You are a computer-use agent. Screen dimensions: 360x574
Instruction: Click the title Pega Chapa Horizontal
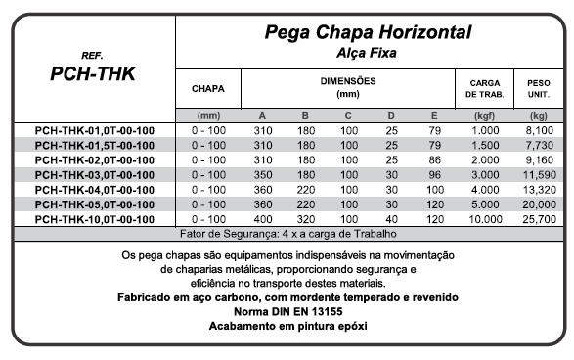coord(370,32)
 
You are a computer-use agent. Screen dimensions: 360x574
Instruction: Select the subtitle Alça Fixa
coord(370,52)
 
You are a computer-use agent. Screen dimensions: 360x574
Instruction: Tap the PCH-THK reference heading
coord(94,73)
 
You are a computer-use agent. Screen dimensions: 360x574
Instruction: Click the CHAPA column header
coord(208,88)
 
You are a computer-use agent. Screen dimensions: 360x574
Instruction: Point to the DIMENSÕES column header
coord(348,88)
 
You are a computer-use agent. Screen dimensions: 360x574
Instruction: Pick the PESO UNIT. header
coord(538,88)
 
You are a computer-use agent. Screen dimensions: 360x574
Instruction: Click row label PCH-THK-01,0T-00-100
coord(94,131)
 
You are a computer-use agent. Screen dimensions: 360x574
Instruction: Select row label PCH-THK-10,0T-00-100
coord(94,219)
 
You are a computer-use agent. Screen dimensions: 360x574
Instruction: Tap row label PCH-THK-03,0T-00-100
coord(94,175)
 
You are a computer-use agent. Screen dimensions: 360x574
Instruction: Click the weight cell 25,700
coord(539,219)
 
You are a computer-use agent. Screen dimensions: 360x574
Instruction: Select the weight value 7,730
coord(539,146)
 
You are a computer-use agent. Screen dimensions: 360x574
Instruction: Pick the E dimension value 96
coord(435,175)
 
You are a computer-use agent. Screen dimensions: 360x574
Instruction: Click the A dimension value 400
coord(262,219)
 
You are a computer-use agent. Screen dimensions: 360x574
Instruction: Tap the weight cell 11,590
coord(539,175)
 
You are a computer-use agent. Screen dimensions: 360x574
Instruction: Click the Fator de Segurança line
coord(287,236)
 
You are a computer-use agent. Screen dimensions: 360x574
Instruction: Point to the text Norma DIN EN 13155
coord(287,310)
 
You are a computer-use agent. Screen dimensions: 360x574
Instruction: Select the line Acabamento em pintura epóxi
coord(287,325)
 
